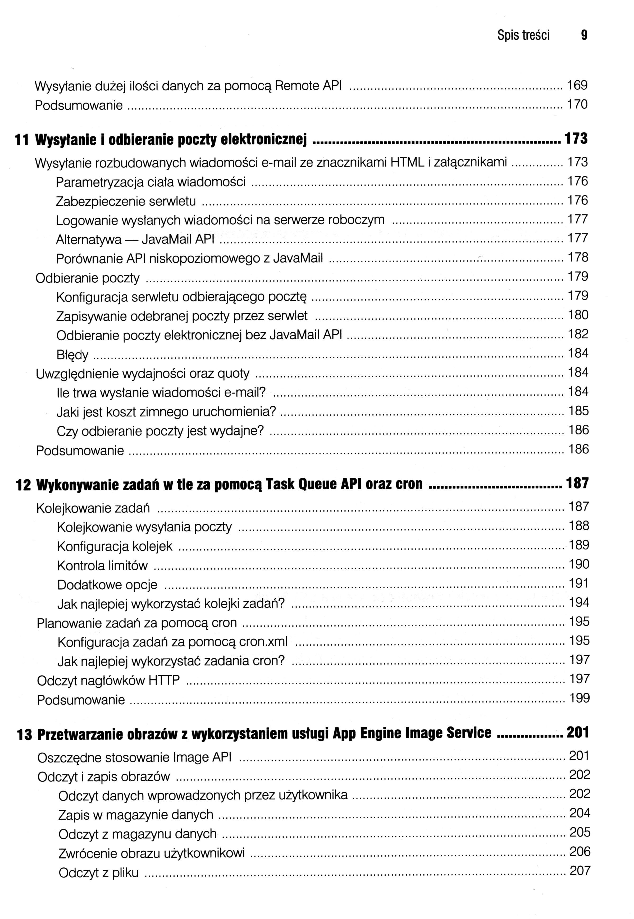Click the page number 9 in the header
pos(583,36)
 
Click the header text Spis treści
pos(523,36)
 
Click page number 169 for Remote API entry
pos(577,85)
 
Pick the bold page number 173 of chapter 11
pos(576,139)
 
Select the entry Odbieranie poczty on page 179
pos(87,278)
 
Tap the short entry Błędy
pos(72,355)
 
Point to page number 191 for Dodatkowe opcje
pos(579,583)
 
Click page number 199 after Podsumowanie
pos(580,698)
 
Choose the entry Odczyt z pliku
pos(98,873)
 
